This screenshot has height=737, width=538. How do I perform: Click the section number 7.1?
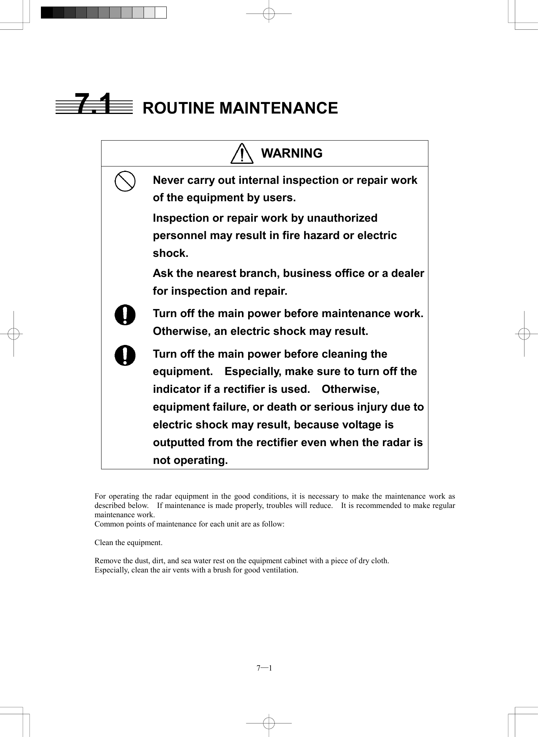(94, 104)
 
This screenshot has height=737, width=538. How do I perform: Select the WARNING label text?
(291, 153)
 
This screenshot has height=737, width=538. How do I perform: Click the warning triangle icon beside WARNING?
(242, 154)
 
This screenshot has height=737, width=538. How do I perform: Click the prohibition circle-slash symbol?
(125, 181)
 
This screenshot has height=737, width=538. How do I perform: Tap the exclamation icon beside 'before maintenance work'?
(125, 315)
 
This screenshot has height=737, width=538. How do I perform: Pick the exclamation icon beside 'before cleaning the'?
(125, 355)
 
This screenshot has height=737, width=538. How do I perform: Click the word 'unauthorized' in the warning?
(342, 218)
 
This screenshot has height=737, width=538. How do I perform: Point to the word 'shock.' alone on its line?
(171, 253)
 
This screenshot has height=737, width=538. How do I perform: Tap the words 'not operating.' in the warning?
(190, 460)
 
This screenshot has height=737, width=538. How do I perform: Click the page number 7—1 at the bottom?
(264, 668)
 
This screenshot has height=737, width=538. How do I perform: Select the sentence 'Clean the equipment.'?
(129, 542)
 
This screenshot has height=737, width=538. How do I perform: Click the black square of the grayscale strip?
(47, 13)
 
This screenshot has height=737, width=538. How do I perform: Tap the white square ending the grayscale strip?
(161, 13)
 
